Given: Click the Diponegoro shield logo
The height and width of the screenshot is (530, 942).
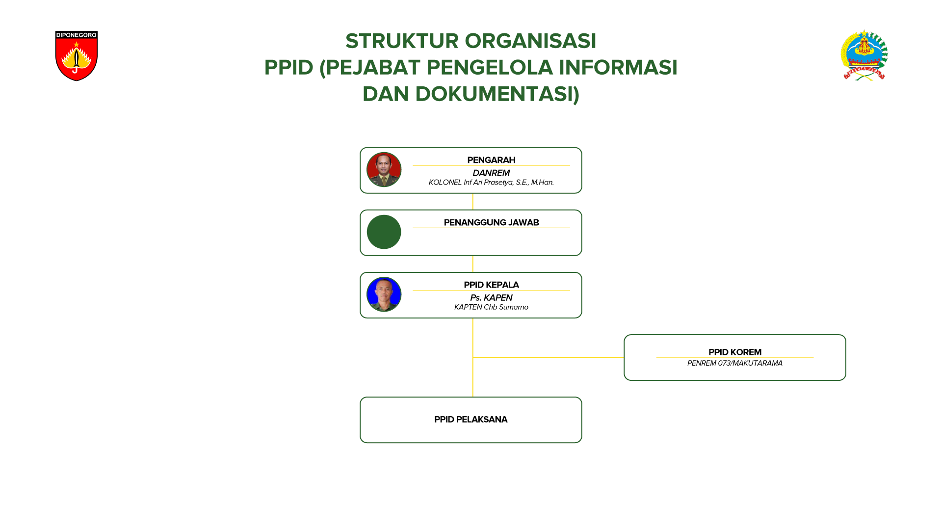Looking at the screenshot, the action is pos(77,56).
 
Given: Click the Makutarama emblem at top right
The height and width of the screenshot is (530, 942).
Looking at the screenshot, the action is pos(864,55).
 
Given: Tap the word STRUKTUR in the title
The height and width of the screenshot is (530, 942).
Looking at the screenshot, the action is pos(402,41).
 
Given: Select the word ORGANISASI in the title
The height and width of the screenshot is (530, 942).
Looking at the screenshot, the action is pos(530,41).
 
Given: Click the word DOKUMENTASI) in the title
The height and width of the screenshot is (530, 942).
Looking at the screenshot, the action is pos(497,94).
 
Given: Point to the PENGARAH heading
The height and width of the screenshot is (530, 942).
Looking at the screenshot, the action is pos(491,160).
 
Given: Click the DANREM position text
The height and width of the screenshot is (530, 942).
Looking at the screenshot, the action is pos(491,173).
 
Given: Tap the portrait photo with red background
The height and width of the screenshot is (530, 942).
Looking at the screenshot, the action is pos(384,170).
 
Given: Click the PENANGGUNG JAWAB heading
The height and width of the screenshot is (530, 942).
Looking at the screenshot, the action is pos(491,222).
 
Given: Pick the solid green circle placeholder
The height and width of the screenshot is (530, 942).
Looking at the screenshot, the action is pos(384,232).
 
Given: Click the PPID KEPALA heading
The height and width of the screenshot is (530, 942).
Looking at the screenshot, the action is pos(491,285).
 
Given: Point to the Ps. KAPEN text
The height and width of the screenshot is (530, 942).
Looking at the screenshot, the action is pos(491,298).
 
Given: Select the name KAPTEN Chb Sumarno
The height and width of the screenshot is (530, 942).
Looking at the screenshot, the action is pos(491,307).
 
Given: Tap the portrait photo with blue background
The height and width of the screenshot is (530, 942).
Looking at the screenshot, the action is pos(384,294).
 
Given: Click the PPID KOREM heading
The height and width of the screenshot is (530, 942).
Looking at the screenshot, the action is pos(735,352).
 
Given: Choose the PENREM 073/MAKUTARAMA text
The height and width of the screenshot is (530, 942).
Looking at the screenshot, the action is pos(735,363).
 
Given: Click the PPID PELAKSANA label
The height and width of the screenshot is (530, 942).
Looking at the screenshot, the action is pos(471,420).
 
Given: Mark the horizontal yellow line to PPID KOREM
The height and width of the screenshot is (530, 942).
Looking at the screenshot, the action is pos(548,358).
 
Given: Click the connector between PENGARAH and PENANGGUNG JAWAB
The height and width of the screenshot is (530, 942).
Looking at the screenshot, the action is pos(473,202).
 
